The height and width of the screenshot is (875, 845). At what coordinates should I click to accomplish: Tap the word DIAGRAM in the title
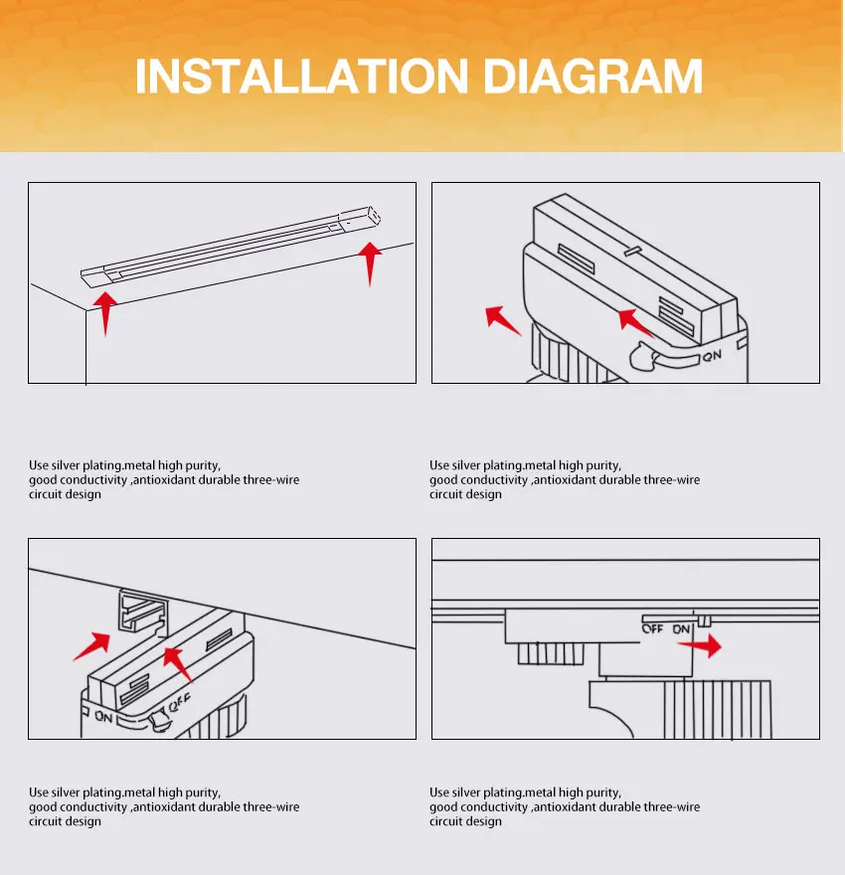592,76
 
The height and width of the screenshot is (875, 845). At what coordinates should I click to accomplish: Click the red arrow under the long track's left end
104,313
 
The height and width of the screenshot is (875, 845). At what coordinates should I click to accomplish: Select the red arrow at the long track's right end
369,263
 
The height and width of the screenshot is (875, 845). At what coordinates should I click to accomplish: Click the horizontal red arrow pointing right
700,645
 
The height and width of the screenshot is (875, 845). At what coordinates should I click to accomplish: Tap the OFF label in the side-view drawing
652,628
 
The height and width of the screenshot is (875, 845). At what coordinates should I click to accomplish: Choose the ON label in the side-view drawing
681,629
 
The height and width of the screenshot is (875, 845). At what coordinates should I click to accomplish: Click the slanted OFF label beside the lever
180,702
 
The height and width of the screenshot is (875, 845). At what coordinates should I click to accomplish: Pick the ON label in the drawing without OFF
712,356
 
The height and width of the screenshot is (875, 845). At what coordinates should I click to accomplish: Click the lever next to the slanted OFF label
159,719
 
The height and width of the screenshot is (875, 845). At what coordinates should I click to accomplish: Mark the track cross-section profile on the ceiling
143,612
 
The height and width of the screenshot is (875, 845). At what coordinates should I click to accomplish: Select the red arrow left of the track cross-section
92,646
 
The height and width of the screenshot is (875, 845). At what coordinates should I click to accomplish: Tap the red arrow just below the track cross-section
177,664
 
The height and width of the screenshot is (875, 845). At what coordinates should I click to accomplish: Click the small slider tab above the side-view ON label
705,621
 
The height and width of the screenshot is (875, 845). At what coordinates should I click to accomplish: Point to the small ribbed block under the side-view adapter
551,653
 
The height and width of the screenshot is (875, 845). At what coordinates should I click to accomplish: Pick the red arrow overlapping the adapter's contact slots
636,323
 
